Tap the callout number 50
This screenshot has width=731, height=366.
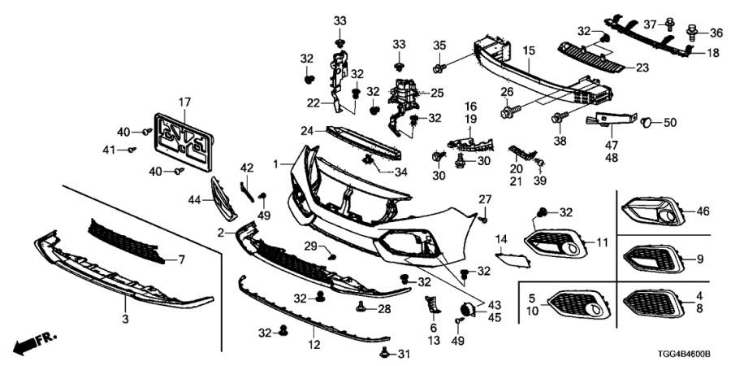coord(669,124)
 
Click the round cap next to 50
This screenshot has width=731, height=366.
coord(647,123)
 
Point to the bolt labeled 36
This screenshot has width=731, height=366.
coord(691,33)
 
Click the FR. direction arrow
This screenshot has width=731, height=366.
coord(34,343)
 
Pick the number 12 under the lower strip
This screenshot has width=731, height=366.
coord(314,346)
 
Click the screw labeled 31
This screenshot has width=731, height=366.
coord(385,353)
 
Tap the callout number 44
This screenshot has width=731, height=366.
coord(194,200)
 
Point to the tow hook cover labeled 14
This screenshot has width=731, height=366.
coord(513,259)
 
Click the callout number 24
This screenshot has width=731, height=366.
coord(306,131)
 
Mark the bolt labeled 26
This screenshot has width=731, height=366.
coord(509,111)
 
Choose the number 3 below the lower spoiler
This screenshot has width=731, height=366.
coord(125,320)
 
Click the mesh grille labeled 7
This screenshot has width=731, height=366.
coord(127,242)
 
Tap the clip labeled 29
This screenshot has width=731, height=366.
coord(332,256)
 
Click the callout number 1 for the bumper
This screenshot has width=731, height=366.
coord(276,164)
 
